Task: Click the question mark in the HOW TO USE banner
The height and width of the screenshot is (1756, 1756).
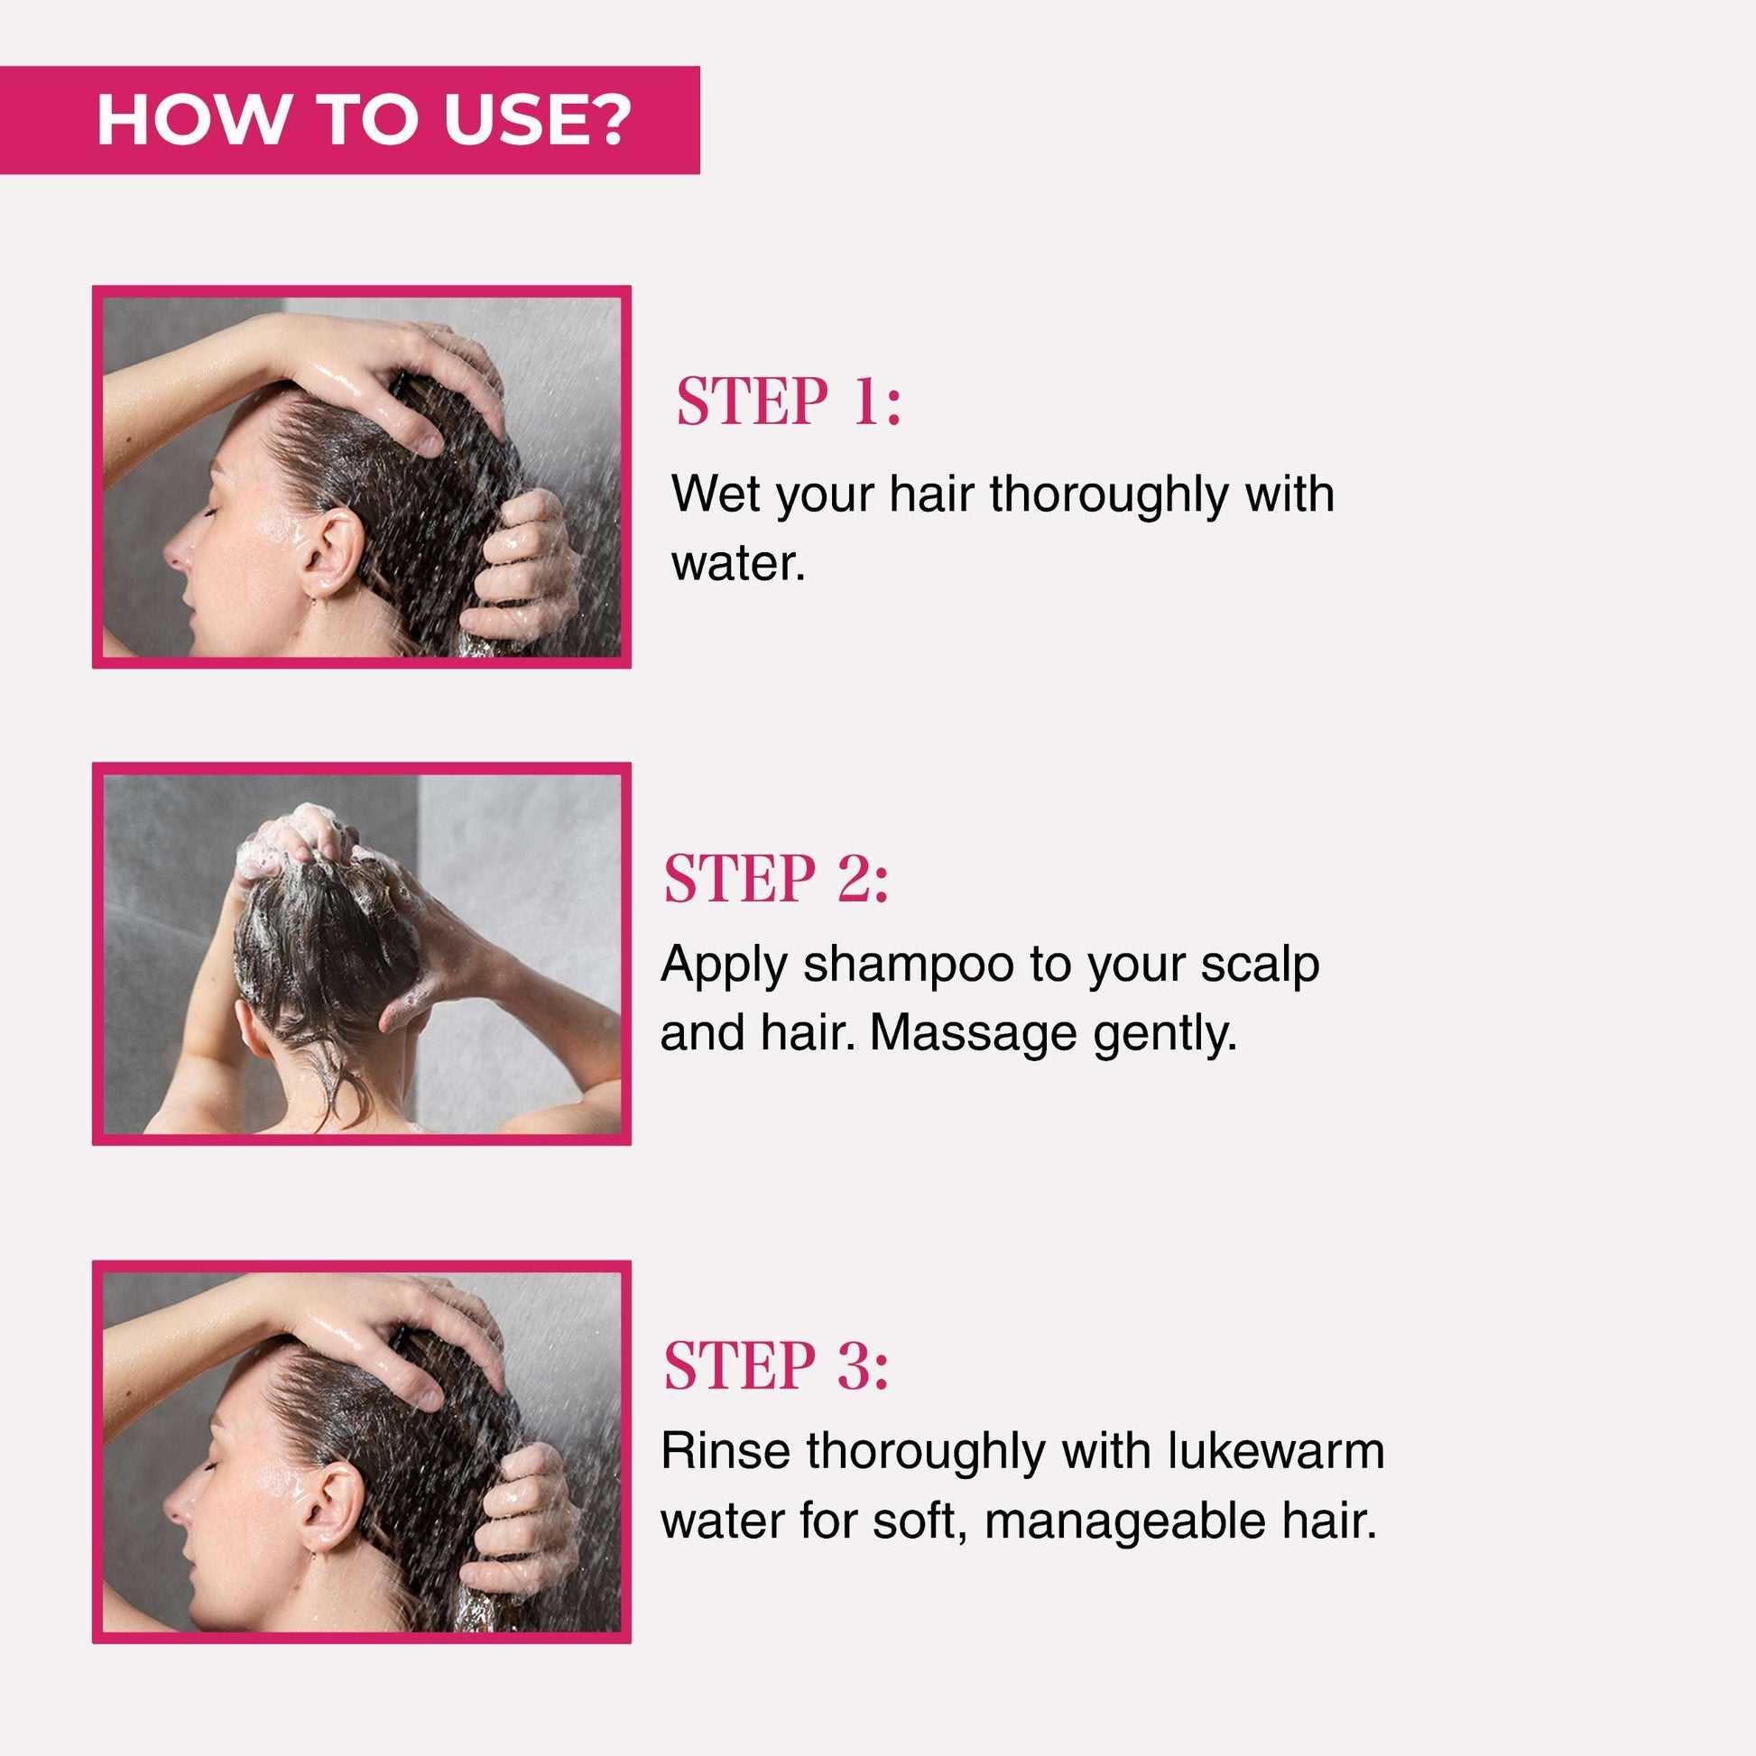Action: pos(605,119)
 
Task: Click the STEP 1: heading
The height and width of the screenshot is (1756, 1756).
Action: pos(789,401)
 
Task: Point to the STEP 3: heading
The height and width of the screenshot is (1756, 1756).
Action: pos(776,1365)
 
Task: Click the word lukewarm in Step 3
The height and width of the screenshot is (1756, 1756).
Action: pos(1276,1451)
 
